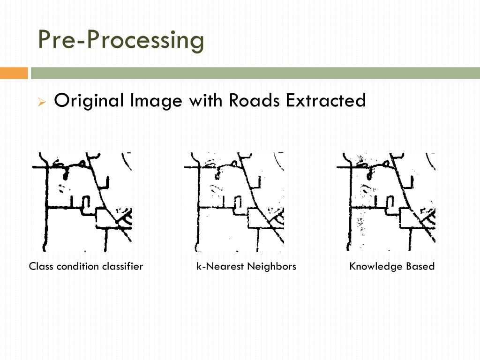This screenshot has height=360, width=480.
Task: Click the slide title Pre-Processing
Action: coord(121,40)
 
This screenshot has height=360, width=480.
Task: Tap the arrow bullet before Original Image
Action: coord(41,102)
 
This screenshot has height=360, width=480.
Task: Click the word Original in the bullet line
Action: coord(89,101)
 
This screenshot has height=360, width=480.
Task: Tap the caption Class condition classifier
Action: coord(86,267)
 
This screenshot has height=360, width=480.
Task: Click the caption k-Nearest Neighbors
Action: coord(246,267)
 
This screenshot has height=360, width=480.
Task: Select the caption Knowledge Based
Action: coord(392,267)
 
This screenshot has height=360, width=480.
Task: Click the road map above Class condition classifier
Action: coord(82,202)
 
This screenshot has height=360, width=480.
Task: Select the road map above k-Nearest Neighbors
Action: coord(234,202)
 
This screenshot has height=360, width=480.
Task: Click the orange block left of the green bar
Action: coord(14,74)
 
